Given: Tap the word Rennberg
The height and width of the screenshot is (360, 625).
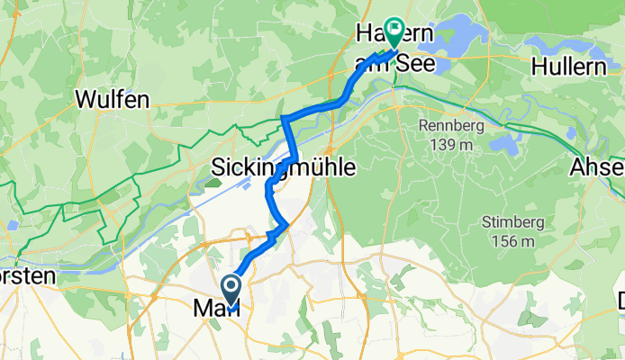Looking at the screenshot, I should (450, 125).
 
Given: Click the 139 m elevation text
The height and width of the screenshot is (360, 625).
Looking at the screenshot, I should (450, 142).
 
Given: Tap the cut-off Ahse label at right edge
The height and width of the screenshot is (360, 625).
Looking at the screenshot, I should (598, 167).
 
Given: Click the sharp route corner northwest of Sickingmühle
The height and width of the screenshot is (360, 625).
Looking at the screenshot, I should (284, 118).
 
